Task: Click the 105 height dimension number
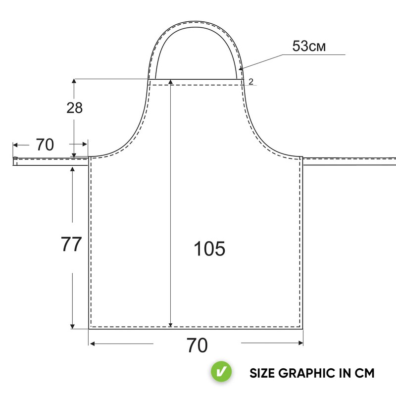[x=209, y=248]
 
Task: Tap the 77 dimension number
[x=71, y=244]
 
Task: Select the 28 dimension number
[x=75, y=107]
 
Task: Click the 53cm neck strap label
[x=309, y=46]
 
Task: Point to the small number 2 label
[x=251, y=82]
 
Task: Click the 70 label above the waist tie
[x=45, y=145]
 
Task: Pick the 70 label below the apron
[x=197, y=345]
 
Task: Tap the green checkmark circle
[x=221, y=372]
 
